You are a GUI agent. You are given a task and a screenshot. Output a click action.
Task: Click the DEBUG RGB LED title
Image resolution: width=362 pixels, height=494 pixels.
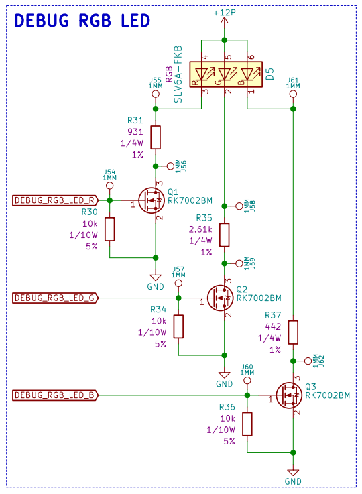pos(82,21)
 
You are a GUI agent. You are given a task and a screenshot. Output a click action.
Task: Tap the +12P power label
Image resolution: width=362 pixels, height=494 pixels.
pos(225,13)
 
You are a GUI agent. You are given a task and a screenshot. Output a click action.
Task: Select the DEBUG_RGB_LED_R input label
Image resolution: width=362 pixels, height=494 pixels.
pos(55,200)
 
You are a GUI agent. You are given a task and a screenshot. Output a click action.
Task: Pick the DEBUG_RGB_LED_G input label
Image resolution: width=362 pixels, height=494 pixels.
pos(55,298)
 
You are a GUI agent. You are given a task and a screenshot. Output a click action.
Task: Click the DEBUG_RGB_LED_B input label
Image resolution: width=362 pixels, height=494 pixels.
pos(55,395)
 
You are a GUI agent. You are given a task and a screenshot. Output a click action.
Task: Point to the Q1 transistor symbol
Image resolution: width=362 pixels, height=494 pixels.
pos(152,200)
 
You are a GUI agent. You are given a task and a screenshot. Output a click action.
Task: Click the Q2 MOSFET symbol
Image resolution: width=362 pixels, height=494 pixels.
pos(221,298)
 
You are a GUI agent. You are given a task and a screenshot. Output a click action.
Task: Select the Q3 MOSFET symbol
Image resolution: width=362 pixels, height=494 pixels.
pos(289,395)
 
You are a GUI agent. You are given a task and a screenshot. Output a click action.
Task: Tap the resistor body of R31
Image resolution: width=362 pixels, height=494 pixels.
pos(156,137)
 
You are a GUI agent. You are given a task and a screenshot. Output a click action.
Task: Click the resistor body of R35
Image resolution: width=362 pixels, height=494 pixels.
pos(225,235)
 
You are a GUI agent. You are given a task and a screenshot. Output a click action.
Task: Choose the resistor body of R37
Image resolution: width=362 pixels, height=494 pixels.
pos(293,332)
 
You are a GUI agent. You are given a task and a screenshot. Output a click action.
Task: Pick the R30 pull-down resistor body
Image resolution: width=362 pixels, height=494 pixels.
pos(110,229)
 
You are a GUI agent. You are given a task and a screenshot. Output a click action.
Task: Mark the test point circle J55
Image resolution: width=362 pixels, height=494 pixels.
pos(156,94)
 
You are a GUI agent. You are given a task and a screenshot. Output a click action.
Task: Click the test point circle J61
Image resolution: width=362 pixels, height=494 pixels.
pos(293,94)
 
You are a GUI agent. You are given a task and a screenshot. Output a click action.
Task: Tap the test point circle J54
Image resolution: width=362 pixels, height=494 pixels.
pos(110,186)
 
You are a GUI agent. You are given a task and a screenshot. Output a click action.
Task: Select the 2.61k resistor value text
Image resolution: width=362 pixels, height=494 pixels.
pos(200,229)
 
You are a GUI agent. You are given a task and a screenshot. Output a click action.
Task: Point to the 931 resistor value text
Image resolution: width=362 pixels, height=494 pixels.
pos(135,131)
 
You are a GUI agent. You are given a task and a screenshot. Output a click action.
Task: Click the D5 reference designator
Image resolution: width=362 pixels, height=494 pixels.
pos(270,74)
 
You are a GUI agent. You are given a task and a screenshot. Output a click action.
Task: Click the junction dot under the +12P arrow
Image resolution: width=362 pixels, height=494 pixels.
pos(225,40)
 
